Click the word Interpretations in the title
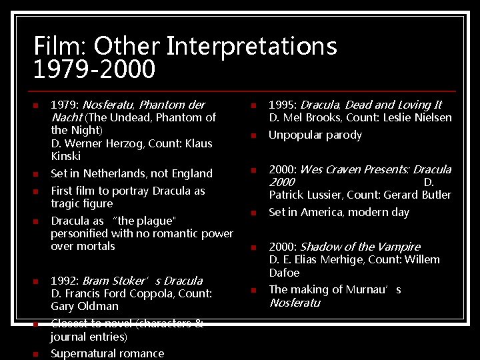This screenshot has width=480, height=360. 251,47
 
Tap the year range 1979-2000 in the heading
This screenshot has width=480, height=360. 94,69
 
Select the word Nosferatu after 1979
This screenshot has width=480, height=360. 108,105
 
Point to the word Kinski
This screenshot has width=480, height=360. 65,156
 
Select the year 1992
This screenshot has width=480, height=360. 65,281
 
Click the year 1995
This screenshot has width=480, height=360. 283,105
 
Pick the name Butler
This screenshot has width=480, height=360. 436,195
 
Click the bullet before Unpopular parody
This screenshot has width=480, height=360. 253,136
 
